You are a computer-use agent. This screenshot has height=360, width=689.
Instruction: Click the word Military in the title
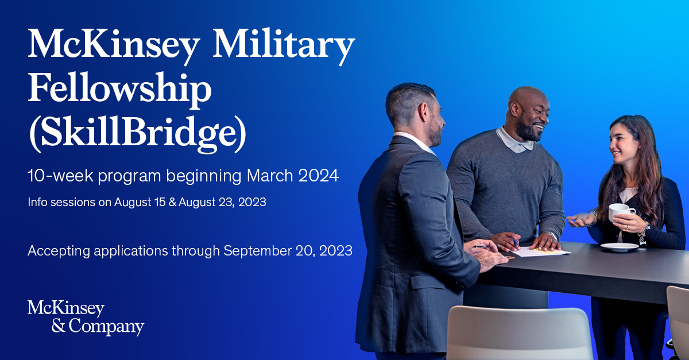point(284,45)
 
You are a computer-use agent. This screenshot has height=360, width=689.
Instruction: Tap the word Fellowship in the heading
point(119,89)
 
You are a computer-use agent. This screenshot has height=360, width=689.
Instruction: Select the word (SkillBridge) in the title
point(137,134)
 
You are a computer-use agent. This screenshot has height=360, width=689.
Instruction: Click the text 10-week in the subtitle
point(60,176)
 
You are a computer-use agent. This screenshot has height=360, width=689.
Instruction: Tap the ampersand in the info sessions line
point(172,202)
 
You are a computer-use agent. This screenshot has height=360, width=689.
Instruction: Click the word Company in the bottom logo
point(106,327)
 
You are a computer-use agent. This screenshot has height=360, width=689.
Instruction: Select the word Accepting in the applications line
point(59,251)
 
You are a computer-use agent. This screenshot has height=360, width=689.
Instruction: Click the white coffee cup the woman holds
point(621,212)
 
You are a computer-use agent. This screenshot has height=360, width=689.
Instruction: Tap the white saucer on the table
point(619,247)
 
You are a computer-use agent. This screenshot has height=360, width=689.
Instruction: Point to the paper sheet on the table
point(540,252)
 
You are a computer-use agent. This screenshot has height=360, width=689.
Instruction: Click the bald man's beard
point(527,130)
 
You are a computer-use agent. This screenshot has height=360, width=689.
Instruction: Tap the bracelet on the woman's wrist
point(644,233)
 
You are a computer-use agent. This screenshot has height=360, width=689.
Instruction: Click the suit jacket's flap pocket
point(428,281)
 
